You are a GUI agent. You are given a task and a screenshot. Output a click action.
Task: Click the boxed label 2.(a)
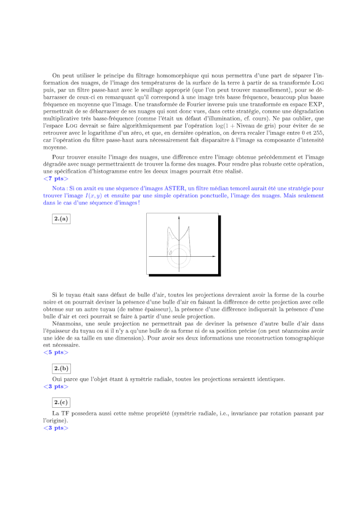click(61, 219)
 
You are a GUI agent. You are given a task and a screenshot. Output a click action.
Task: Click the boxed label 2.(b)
click(61, 369)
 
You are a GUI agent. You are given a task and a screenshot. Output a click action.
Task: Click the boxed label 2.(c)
click(61, 403)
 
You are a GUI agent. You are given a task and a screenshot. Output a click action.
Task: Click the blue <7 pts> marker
click(56, 178)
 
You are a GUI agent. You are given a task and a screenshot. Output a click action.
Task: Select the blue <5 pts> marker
click(56, 353)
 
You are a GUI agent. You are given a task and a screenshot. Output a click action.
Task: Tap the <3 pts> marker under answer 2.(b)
click(56, 387)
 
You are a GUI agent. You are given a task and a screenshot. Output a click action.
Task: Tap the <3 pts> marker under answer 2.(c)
click(56, 428)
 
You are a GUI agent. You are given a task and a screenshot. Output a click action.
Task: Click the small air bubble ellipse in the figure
click(170, 253)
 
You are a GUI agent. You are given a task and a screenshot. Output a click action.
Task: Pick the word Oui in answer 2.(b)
click(57, 379)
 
